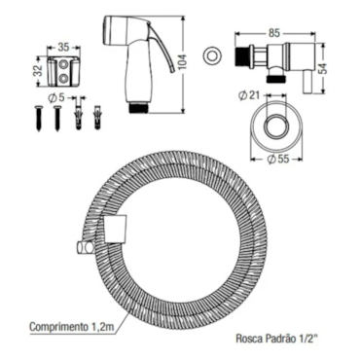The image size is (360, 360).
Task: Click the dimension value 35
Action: [63, 48]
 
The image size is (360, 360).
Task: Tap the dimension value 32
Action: [39, 71]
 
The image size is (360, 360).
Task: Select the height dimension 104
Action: [184, 63]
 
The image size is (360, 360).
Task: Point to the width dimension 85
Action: [274, 34]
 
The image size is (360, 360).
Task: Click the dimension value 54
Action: [323, 68]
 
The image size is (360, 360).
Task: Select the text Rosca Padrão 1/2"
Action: [276, 340]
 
